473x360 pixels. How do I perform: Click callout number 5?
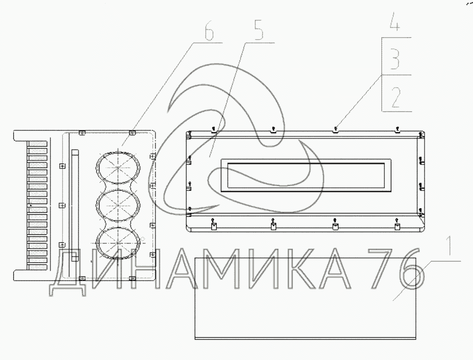[x=258, y=30]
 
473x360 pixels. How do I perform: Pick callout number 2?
[x=396, y=98]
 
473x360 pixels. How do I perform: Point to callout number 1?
[x=450, y=245]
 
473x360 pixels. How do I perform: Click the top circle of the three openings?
[x=118, y=168]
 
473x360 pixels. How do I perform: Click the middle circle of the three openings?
[x=118, y=205]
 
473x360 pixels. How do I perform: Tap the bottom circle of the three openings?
[x=118, y=243]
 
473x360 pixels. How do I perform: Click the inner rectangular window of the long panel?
[x=306, y=175]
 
